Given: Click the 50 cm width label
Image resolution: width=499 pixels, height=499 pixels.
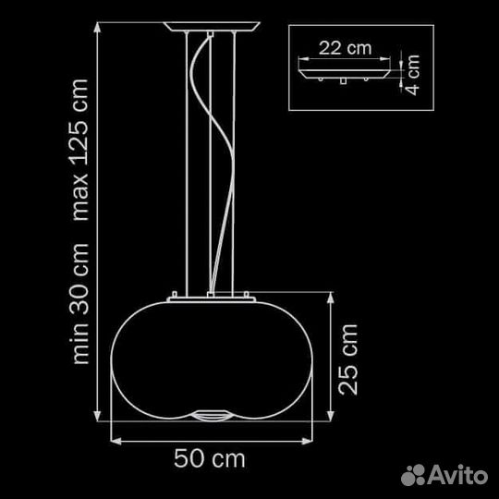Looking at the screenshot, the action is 210,458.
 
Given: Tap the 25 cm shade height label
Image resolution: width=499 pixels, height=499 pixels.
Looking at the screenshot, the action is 347,360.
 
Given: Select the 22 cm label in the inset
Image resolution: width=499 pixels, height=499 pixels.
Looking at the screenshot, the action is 345,48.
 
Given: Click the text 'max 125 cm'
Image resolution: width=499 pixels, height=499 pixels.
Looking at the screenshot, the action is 79,150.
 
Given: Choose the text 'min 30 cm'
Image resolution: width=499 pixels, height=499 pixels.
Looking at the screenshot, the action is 79,304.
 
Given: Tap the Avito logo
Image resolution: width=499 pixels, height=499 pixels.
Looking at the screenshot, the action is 444,475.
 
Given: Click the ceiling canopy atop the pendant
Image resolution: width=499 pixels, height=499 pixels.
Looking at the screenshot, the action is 212,27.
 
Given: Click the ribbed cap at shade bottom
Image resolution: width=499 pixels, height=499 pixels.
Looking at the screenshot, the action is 211,415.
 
